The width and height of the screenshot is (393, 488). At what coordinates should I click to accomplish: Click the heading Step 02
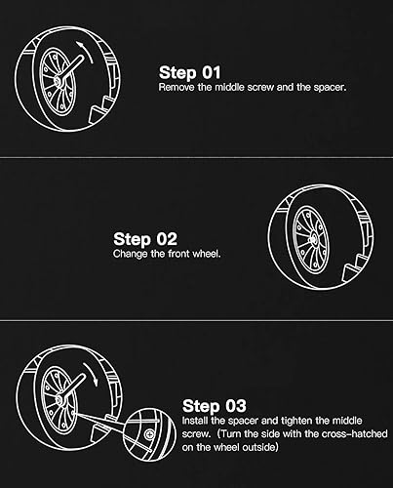pos(144,238)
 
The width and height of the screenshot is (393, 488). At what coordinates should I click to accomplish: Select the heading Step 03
pos(215,405)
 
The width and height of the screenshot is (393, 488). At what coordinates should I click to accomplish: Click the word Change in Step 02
pos(130,254)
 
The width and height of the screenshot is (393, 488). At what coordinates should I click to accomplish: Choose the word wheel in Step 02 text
pos(207,254)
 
